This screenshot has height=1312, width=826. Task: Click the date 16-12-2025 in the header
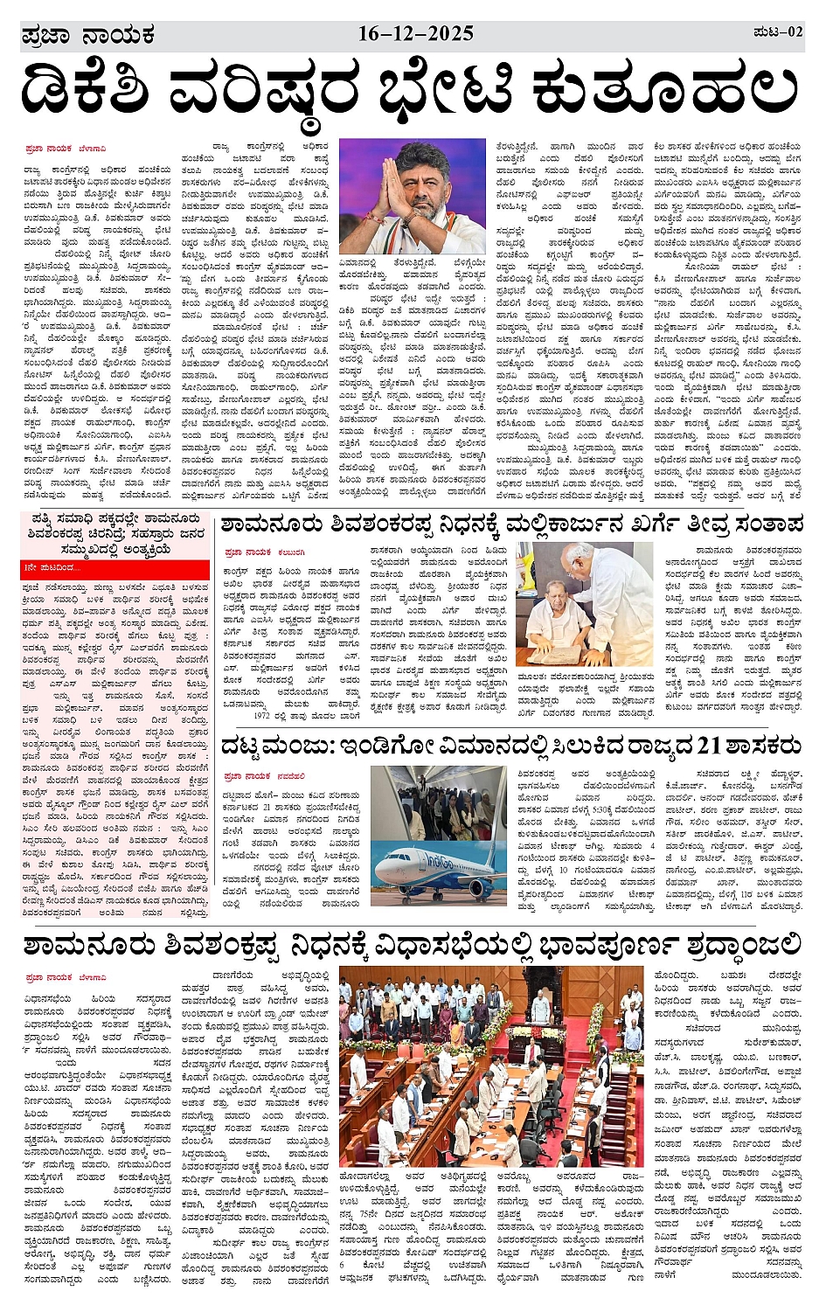[x=415, y=34]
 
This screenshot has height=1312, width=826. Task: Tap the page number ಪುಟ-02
[x=776, y=32]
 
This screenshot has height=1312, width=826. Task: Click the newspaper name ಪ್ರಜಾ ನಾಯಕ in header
[x=87, y=36]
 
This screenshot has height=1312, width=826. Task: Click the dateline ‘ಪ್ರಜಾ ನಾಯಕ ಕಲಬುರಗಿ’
[x=264, y=552]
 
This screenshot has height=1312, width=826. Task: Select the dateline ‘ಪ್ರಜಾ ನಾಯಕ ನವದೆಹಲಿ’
[x=264, y=775]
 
